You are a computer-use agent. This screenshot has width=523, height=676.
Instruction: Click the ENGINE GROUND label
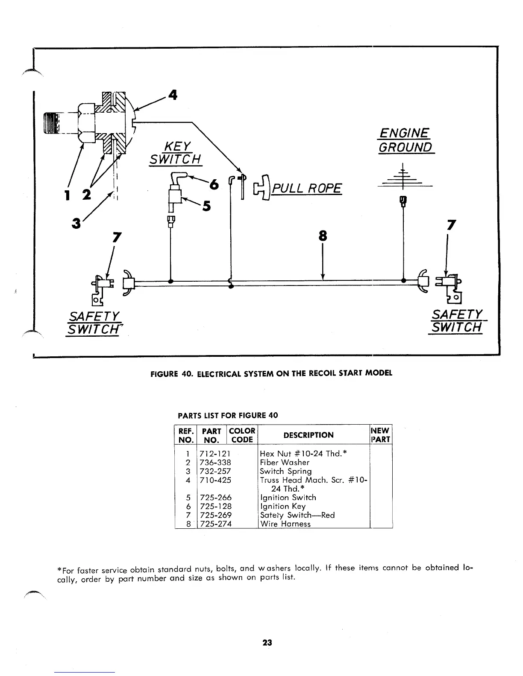tap(405, 140)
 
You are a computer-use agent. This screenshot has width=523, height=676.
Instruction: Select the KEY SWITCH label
tap(175, 152)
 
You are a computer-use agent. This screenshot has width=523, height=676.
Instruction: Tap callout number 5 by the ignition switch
tap(207, 206)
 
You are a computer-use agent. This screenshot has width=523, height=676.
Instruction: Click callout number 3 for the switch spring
tap(76, 223)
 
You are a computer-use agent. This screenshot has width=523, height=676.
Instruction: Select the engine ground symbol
tap(403, 179)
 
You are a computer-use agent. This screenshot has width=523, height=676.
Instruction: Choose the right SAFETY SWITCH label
tap(456, 321)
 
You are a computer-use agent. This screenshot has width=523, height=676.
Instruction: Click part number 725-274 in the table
tap(215, 524)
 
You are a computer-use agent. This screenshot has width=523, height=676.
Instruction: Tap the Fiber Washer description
tap(285, 462)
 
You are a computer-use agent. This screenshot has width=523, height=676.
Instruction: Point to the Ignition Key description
tap(283, 506)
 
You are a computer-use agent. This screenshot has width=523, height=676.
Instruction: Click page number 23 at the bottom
tap(267, 642)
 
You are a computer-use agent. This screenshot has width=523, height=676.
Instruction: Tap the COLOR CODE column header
tap(242, 435)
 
